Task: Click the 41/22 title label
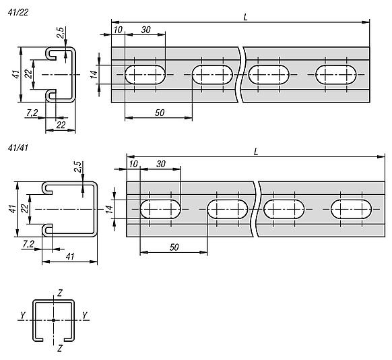coord(18,12)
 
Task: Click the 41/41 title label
coord(18,148)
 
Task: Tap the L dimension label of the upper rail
coord(245,18)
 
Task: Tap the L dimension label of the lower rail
coord(255,152)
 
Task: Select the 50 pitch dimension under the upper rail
coord(160,113)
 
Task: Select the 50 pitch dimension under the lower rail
coord(174,247)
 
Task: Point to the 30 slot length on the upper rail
coord(146,30)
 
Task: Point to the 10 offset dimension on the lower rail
coord(133,164)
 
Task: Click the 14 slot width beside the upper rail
coord(94,75)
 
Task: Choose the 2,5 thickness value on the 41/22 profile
coord(61,32)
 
